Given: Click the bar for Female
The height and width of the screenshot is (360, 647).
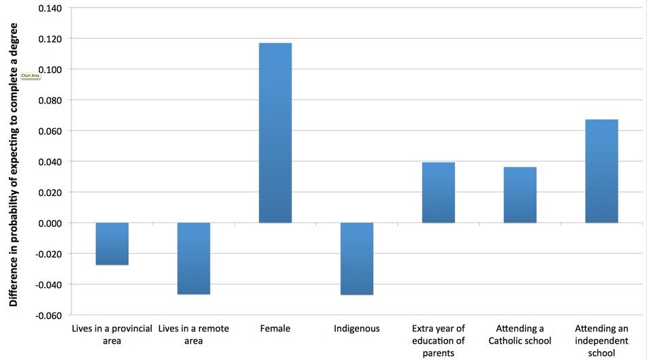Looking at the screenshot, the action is (x=275, y=133).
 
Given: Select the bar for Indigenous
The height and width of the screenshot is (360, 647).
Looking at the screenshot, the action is (x=357, y=259).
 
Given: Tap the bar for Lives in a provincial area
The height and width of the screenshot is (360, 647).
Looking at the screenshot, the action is (x=112, y=244).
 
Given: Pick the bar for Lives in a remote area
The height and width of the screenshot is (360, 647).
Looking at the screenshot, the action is (x=193, y=259).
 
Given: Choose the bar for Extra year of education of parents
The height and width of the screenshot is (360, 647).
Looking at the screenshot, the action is (x=438, y=193).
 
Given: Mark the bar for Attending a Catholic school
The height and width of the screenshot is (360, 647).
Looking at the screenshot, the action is (x=520, y=195).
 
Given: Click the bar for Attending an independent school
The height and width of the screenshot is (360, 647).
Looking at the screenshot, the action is (x=601, y=171).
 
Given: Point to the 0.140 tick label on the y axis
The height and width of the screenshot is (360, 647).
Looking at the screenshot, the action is (x=50, y=8).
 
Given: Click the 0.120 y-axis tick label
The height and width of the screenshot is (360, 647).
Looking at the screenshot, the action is (x=50, y=39).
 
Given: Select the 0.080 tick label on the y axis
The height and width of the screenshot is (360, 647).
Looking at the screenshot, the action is (x=50, y=100).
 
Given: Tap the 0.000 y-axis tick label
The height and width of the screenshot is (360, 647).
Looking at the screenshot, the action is (x=50, y=223).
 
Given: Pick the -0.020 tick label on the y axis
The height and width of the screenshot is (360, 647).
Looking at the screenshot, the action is (x=48, y=254).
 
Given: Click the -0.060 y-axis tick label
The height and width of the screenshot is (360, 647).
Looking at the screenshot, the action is (x=48, y=316).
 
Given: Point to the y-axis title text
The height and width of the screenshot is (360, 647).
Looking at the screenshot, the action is (x=14, y=165).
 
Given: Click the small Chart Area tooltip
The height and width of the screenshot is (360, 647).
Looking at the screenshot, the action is (x=31, y=76).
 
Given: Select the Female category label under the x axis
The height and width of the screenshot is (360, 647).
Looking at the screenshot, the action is (x=275, y=329).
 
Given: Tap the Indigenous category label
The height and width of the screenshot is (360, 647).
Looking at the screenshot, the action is (x=357, y=329).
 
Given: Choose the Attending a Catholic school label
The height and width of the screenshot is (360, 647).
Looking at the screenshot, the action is (x=520, y=334).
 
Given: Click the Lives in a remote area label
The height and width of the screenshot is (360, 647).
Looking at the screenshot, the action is (x=193, y=334).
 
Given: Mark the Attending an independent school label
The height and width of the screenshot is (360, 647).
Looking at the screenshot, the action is (x=601, y=341).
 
